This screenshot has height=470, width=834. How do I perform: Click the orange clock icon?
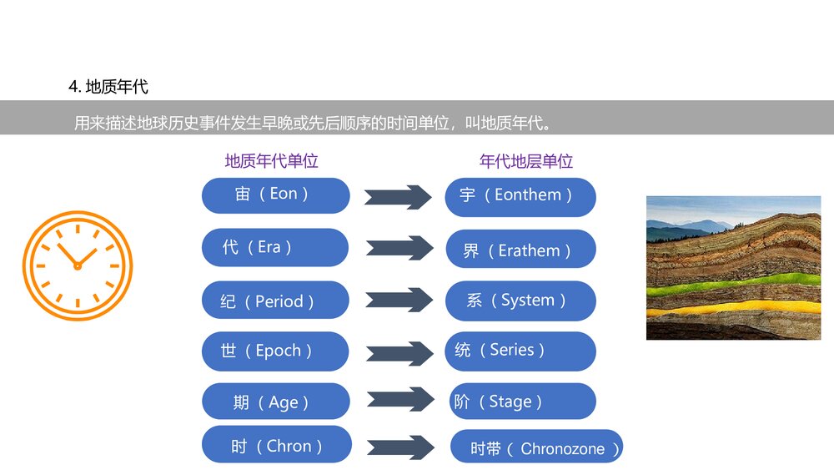78,265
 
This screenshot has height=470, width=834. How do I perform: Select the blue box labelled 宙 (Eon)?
275,195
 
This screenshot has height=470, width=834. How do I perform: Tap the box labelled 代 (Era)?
275,247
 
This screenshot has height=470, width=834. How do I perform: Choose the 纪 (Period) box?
275,301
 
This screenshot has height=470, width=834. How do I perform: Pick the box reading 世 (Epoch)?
275,351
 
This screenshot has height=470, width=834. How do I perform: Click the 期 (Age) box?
275,402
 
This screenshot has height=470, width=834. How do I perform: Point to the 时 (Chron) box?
276,445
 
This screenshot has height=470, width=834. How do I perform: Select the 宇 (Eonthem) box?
520,196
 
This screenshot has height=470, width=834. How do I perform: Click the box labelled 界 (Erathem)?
520,249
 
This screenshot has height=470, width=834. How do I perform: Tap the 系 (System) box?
520,301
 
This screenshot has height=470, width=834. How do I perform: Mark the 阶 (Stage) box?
523,402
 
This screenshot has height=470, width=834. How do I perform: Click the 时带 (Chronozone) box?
536,447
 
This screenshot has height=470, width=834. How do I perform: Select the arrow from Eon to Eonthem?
398,197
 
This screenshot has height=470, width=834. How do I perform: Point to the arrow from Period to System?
399,301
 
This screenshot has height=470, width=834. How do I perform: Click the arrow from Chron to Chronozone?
400,447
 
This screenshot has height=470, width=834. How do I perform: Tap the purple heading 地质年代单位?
272,161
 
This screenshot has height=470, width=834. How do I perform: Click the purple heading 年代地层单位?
526,161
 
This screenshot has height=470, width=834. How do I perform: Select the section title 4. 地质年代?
108,86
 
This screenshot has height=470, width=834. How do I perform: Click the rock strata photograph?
733,267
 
